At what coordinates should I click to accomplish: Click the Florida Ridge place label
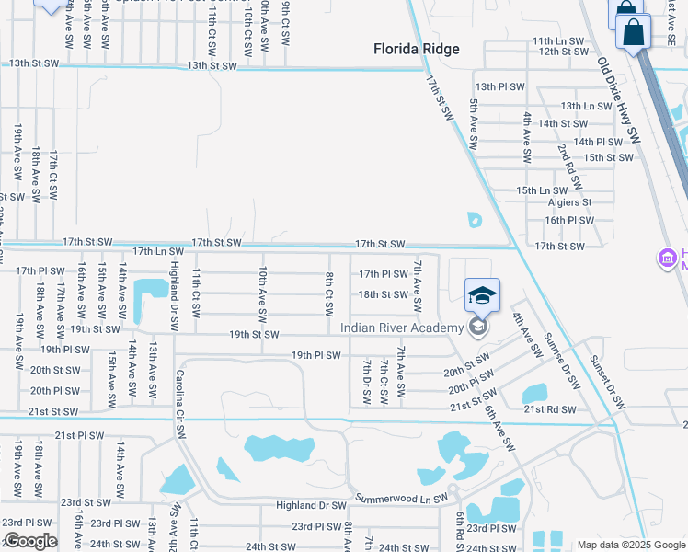(x=416, y=50)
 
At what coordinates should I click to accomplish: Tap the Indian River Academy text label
(x=402, y=328)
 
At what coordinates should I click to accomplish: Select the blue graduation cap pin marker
(x=482, y=296)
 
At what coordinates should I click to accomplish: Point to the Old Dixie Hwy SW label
(x=618, y=100)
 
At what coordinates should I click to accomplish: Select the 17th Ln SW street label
(x=157, y=250)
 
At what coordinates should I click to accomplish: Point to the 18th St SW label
(x=383, y=294)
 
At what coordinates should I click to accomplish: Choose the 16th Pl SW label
(x=569, y=221)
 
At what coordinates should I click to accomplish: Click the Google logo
(x=30, y=541)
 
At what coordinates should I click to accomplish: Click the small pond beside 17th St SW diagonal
(x=474, y=220)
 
